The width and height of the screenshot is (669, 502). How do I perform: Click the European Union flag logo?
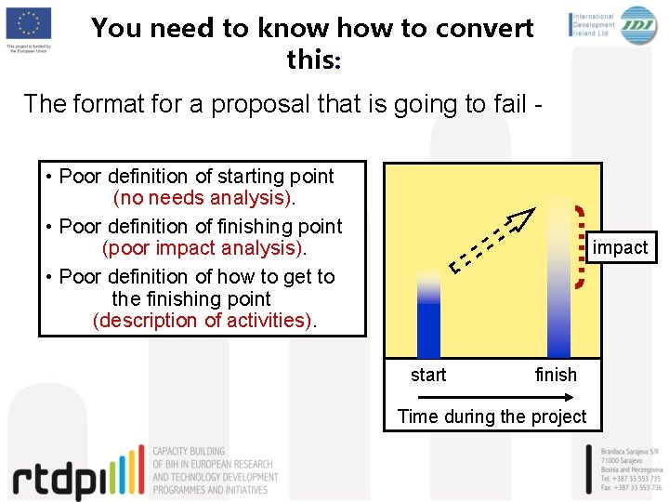[x=28, y=23]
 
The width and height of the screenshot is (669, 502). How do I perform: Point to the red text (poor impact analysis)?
[x=203, y=248]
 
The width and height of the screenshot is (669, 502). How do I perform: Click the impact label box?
[x=620, y=247]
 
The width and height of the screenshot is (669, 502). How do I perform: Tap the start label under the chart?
[x=428, y=375]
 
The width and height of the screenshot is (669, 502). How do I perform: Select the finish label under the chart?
[x=556, y=375]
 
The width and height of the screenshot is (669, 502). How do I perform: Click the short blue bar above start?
[x=428, y=316]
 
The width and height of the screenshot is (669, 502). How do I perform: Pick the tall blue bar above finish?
[x=558, y=279]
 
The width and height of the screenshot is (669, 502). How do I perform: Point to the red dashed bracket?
[x=581, y=247]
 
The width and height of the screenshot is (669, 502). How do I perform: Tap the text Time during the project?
[x=492, y=416]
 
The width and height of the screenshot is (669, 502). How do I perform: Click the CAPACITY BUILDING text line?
[x=190, y=452]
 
